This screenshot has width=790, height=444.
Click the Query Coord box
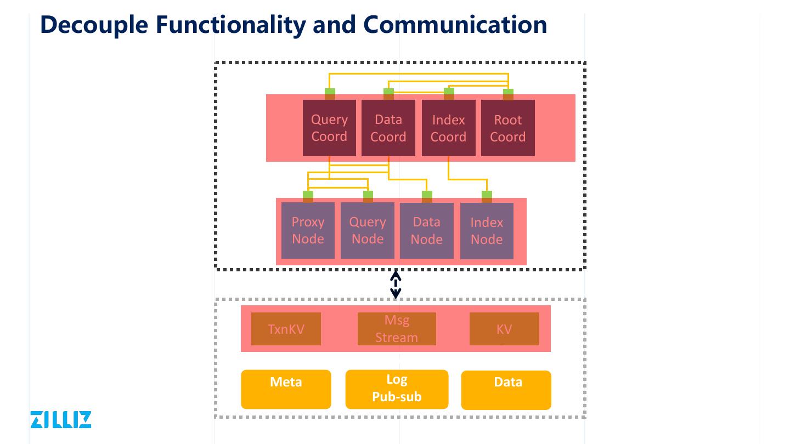click(x=329, y=128)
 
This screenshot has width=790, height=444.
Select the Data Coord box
click(x=388, y=128)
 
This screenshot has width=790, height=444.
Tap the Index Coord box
click(x=448, y=128)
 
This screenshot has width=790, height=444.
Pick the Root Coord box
click(x=508, y=128)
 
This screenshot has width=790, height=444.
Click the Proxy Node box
click(x=308, y=230)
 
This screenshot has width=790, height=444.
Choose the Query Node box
click(x=368, y=230)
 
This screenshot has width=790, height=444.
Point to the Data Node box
click(x=427, y=230)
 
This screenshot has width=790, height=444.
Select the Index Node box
click(x=487, y=231)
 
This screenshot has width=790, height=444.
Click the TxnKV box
click(x=286, y=329)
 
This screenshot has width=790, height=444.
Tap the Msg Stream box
click(x=397, y=329)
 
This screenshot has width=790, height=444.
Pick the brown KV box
click(x=504, y=329)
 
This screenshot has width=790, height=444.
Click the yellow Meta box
click(x=286, y=389)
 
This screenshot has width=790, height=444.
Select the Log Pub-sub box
click(x=397, y=389)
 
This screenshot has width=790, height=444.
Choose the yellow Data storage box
click(x=506, y=390)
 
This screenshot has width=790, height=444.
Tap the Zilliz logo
click(x=61, y=419)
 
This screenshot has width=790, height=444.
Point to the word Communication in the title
click(x=455, y=25)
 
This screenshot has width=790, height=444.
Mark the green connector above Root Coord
click(x=508, y=92)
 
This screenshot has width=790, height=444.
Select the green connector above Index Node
click(x=487, y=194)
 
